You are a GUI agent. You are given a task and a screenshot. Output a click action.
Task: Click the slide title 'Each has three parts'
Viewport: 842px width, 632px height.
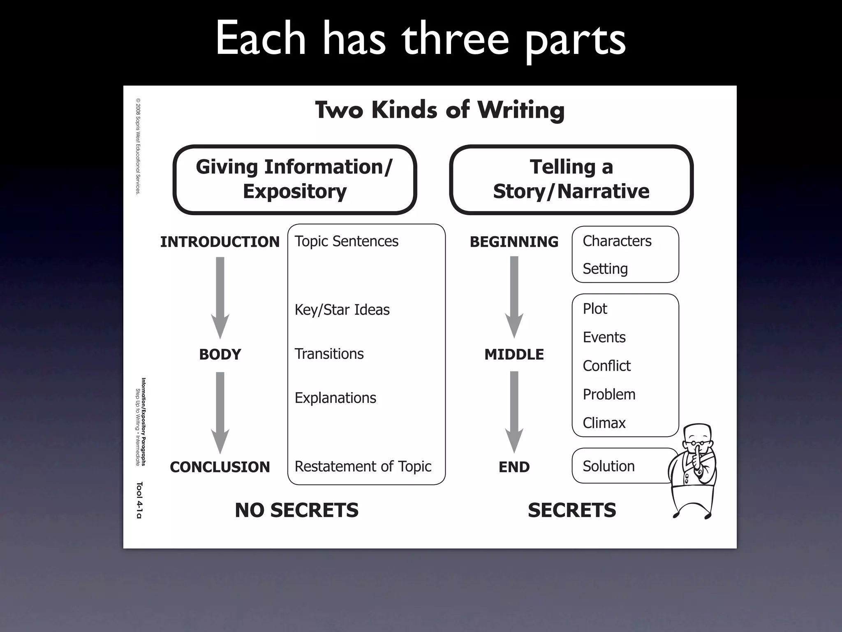click(x=420, y=39)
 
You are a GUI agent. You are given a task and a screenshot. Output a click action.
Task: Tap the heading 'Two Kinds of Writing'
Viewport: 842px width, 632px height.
click(x=440, y=110)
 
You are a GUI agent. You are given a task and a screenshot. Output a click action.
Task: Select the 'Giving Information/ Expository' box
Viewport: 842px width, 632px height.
click(x=294, y=179)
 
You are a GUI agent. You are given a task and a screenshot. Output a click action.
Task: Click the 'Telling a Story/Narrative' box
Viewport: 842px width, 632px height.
click(x=571, y=179)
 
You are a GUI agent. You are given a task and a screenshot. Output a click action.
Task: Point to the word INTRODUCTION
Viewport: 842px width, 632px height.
click(x=220, y=242)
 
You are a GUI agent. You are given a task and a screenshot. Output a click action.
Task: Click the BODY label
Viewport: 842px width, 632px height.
click(x=220, y=354)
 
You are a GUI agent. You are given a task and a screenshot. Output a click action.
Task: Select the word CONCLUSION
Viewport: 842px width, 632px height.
click(x=220, y=467)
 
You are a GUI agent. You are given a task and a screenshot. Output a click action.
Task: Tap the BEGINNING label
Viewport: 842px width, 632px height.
click(x=514, y=242)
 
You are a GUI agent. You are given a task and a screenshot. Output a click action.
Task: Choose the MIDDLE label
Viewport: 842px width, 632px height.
click(x=514, y=354)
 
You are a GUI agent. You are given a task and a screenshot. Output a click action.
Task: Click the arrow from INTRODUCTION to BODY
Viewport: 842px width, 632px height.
click(x=220, y=297)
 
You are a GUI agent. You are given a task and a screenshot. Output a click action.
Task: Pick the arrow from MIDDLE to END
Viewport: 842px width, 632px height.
click(x=514, y=411)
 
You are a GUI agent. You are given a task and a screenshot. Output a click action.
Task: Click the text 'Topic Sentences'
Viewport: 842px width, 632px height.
click(x=346, y=241)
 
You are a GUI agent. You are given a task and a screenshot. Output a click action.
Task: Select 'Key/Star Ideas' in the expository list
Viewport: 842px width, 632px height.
click(x=342, y=309)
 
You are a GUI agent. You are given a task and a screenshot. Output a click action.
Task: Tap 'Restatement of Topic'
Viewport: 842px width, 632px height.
click(x=363, y=466)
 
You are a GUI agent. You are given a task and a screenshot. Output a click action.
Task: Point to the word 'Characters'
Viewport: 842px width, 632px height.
click(x=617, y=241)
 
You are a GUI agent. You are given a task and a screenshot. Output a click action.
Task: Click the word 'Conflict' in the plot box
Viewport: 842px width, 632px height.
click(x=606, y=365)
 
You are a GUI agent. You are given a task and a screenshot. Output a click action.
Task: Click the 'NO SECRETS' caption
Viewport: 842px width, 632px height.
click(x=296, y=510)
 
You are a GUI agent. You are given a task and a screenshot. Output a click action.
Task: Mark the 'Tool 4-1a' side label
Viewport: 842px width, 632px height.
click(x=139, y=500)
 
